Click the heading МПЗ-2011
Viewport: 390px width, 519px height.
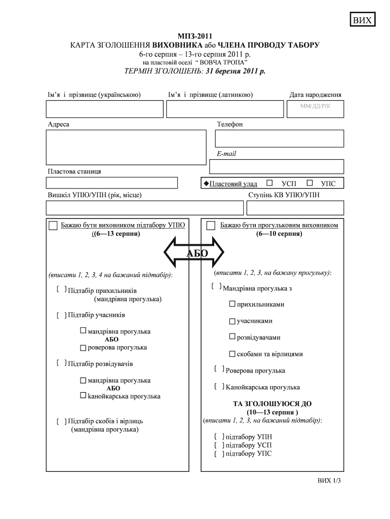coord(195,36)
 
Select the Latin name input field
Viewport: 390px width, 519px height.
coord(225,109)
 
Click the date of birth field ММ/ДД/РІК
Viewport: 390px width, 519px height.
coord(315,108)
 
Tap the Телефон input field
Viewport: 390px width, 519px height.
coord(279,138)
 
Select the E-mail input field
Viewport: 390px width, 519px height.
coord(276,166)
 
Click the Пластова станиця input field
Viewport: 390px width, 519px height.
coord(112,182)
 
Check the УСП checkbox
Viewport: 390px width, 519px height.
coord(269,183)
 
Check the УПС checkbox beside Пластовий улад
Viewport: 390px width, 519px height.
coord(310,183)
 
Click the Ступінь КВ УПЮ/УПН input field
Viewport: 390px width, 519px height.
coord(295,208)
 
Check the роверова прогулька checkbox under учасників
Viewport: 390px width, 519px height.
coord(83,348)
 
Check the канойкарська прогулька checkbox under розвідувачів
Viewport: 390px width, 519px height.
coord(83,395)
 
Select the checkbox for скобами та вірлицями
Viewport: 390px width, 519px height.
coord(232,354)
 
